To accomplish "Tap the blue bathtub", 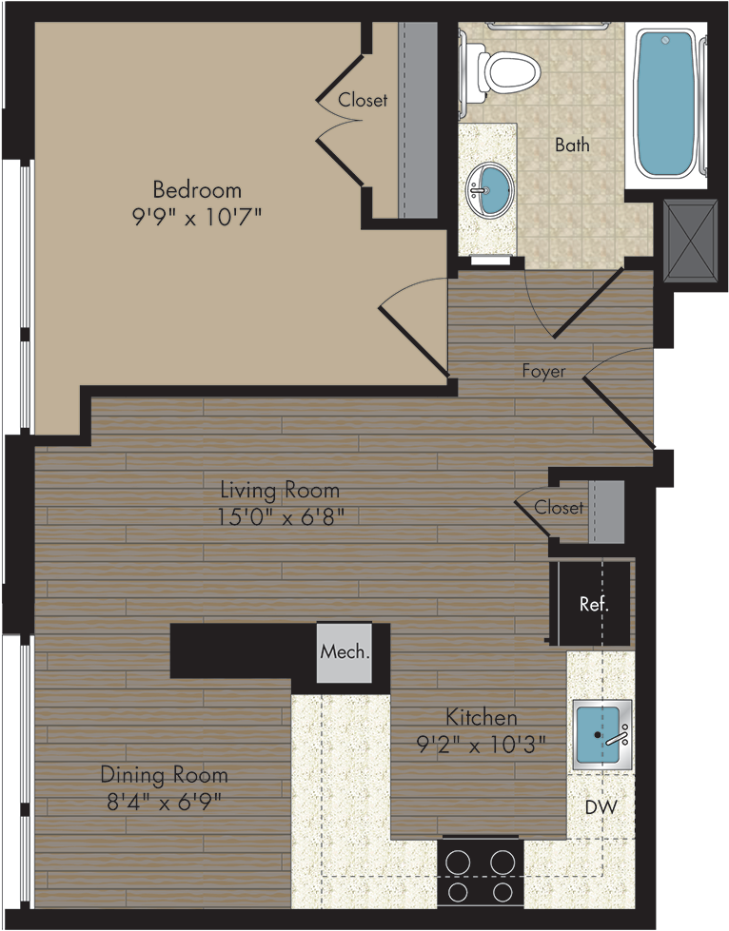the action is click(x=665, y=104).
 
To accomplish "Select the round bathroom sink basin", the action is click(x=488, y=189).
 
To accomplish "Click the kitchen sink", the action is click(x=601, y=734).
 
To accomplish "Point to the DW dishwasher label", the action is click(x=601, y=807).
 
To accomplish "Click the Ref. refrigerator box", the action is click(x=594, y=603).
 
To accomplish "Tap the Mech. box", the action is click(x=345, y=652).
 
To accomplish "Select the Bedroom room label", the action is click(x=197, y=190).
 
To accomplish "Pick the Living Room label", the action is click(x=280, y=491).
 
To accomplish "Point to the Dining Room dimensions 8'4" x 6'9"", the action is click(x=164, y=803).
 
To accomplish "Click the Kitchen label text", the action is click(x=482, y=717).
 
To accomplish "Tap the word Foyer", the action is click(x=543, y=371).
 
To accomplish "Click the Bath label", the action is click(x=572, y=145).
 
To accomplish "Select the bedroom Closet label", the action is click(x=363, y=100).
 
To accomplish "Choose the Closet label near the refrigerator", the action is click(x=559, y=508).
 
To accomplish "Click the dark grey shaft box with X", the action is click(x=690, y=239).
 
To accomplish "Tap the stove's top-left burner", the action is click(x=458, y=863).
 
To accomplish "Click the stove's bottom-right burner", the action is click(x=502, y=892).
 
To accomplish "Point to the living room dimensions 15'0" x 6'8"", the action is click(x=281, y=517).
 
